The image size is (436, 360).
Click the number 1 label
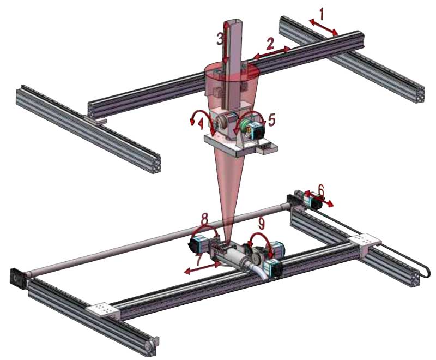[x=322, y=14]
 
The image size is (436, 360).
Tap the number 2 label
[x=269, y=43]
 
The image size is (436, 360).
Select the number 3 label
[x=220, y=39]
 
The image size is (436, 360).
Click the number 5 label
[x=271, y=120]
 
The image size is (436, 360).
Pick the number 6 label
[x=321, y=190]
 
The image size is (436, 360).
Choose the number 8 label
[x=204, y=219]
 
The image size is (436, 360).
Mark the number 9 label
[x=261, y=223]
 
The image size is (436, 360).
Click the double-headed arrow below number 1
[x=323, y=27]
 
